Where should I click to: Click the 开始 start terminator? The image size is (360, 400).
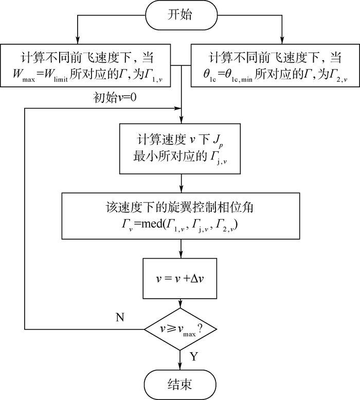point(179,15)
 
